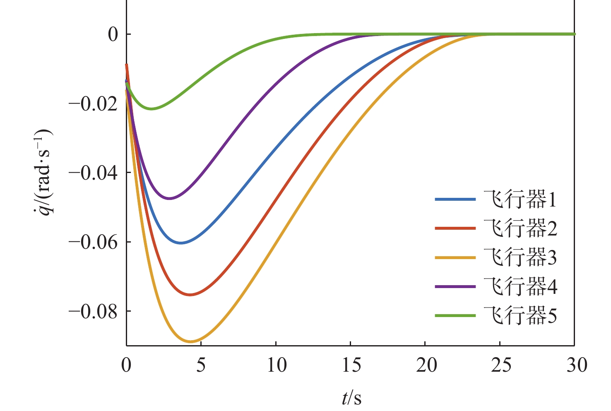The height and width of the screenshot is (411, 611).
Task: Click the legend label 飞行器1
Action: pos(520,200)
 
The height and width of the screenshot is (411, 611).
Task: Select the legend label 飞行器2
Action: pos(520,229)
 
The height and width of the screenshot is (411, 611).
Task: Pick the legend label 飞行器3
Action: pos(520,258)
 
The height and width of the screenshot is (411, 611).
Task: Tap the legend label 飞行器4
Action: pos(520,287)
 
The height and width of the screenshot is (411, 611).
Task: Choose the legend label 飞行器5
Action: pos(520,316)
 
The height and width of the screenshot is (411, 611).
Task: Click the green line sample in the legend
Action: pos(455,316)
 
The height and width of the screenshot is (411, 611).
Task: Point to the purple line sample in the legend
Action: pos(455,287)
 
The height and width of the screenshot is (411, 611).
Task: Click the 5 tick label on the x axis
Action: pos(201,366)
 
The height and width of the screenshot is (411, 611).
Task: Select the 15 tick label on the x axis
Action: pos(351,366)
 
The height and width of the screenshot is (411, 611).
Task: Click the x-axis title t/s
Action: pos(351,398)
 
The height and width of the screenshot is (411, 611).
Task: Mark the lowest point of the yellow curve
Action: pos(191,341)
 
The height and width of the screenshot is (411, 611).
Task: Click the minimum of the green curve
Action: pos(152,109)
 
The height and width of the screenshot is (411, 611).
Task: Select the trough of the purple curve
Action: pos(169,199)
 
